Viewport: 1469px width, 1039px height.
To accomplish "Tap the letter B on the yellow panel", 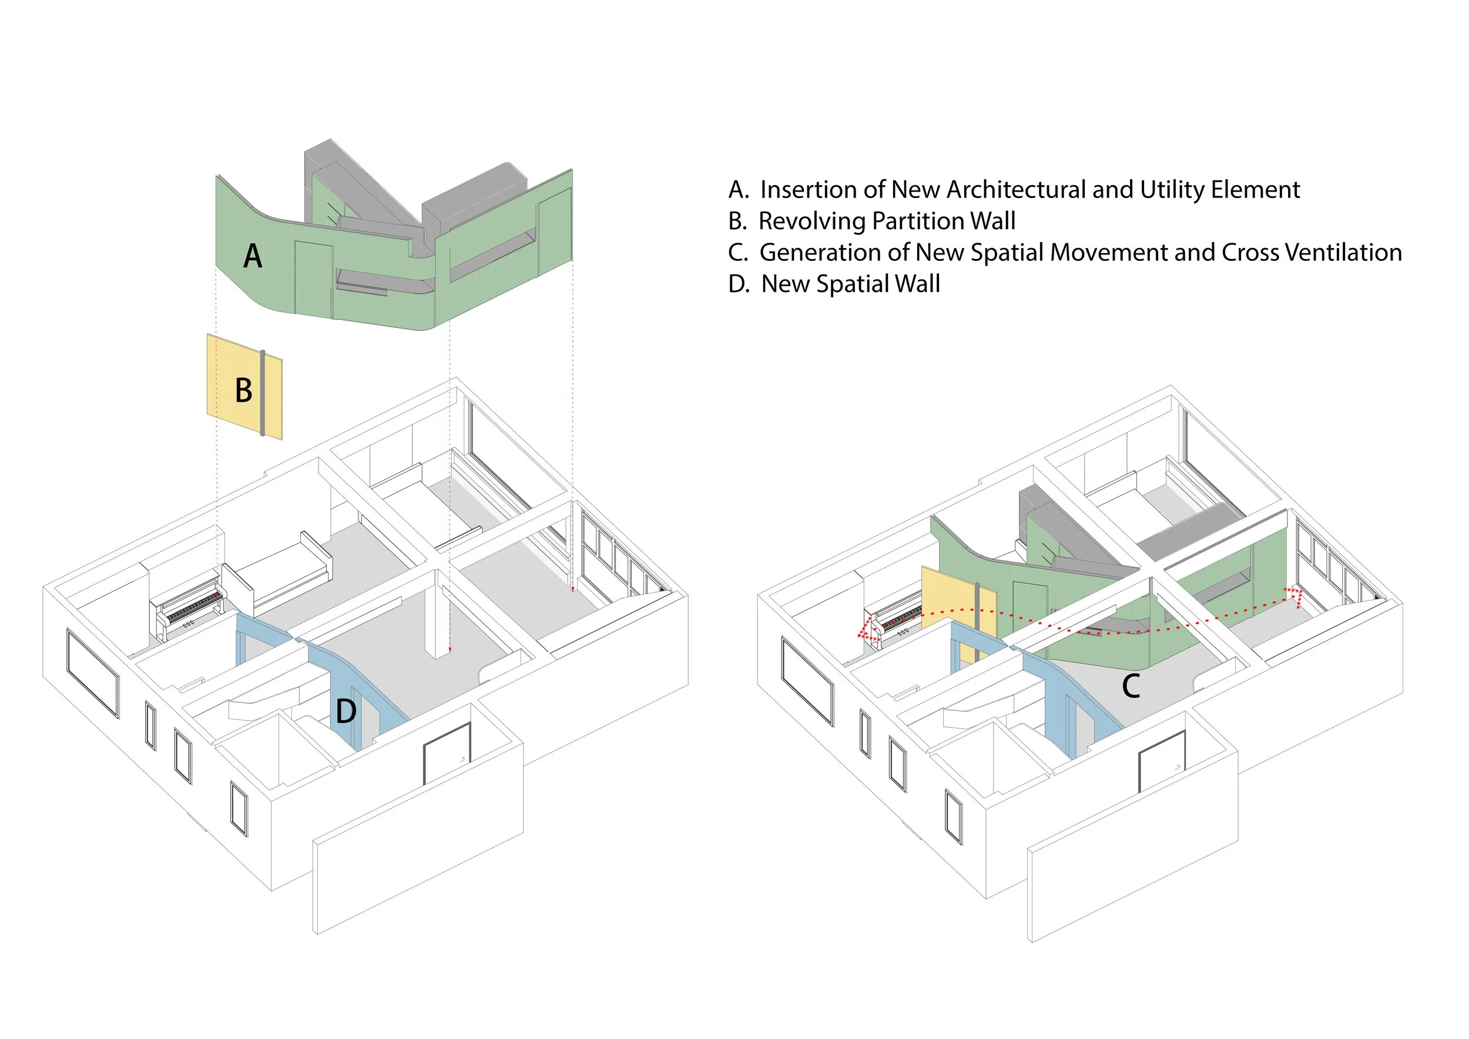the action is pyautogui.click(x=244, y=390).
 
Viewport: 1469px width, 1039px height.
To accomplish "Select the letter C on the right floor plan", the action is pyautogui.click(x=1131, y=686).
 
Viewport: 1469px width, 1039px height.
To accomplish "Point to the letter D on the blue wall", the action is pyautogui.click(x=346, y=711).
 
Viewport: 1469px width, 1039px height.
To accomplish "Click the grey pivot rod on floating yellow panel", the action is pyautogui.click(x=262, y=393).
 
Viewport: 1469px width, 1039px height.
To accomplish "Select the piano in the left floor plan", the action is pyautogui.click(x=189, y=606).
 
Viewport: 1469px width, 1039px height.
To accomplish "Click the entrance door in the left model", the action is pyautogui.click(x=447, y=753).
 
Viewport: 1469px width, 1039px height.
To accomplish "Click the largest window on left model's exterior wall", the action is pyautogui.click(x=92, y=672).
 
